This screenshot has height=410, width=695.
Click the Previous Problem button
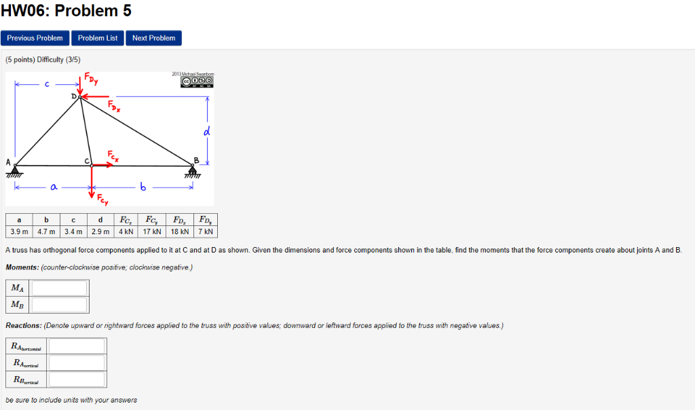point(35,38)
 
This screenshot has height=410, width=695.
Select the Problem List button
point(98,38)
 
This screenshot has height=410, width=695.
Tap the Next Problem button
point(153,38)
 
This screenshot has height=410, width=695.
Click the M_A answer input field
point(59,288)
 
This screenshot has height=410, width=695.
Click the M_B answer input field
point(59,305)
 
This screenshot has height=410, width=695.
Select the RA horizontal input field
point(76,346)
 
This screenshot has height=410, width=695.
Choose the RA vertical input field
point(76,363)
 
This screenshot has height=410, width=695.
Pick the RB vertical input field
point(76,379)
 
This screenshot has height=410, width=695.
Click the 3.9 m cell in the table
point(19,231)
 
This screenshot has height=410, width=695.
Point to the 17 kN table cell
point(152,231)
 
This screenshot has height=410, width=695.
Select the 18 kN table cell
point(180,231)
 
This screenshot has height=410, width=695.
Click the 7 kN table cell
point(206,231)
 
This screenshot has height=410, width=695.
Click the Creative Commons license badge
point(197,81)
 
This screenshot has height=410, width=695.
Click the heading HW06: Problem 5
point(66,11)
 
